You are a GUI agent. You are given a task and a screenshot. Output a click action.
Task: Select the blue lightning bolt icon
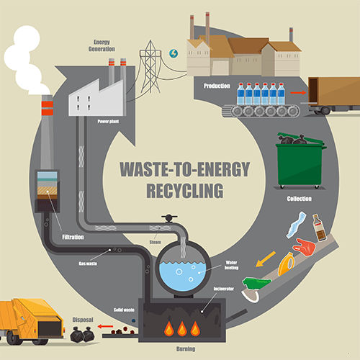pyautogui.click(x=173, y=53)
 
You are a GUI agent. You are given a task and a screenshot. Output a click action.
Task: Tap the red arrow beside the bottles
pyautogui.click(x=297, y=93)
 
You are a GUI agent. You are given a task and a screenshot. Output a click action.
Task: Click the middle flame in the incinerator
pyautogui.click(x=181, y=328)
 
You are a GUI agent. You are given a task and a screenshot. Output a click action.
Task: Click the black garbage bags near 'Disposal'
pyautogui.click(x=81, y=334)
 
